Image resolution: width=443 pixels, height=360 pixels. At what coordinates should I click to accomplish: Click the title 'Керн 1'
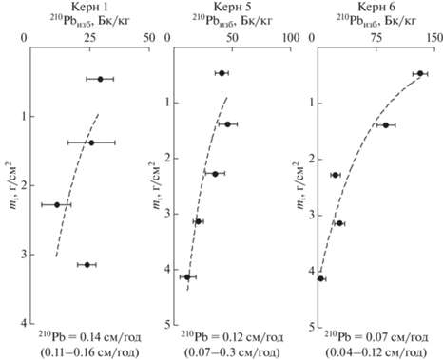(89, 7)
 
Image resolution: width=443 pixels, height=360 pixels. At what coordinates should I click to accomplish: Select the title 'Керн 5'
(232, 7)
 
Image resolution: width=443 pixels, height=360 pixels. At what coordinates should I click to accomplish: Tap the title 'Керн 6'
(376, 7)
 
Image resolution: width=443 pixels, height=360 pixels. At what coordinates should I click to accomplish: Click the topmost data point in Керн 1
(100, 79)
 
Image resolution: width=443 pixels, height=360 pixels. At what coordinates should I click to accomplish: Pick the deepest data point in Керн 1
(87, 265)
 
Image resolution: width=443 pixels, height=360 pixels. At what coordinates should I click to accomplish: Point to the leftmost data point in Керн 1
(57, 205)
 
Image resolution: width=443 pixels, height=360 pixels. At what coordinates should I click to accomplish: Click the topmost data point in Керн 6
(420, 73)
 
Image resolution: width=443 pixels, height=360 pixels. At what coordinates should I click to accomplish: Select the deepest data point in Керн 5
(187, 277)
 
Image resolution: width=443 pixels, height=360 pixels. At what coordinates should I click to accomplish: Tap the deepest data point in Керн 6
(320, 278)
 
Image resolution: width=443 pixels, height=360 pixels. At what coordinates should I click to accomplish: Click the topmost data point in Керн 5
(221, 73)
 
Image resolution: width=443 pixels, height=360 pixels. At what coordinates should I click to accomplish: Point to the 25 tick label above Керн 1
(89, 38)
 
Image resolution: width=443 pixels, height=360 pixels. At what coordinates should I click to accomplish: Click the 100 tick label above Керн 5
(290, 38)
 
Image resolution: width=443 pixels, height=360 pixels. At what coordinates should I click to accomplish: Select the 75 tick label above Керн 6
(376, 38)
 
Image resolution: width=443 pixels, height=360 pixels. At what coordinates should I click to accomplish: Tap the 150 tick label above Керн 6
(434, 38)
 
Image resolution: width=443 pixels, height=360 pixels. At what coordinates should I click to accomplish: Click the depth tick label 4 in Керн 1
(23, 324)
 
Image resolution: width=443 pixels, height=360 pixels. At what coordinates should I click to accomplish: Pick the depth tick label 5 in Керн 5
(167, 325)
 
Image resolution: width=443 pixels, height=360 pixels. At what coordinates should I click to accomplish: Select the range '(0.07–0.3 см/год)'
(232, 352)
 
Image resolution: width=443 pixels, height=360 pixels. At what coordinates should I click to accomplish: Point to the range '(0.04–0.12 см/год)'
(376, 352)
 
